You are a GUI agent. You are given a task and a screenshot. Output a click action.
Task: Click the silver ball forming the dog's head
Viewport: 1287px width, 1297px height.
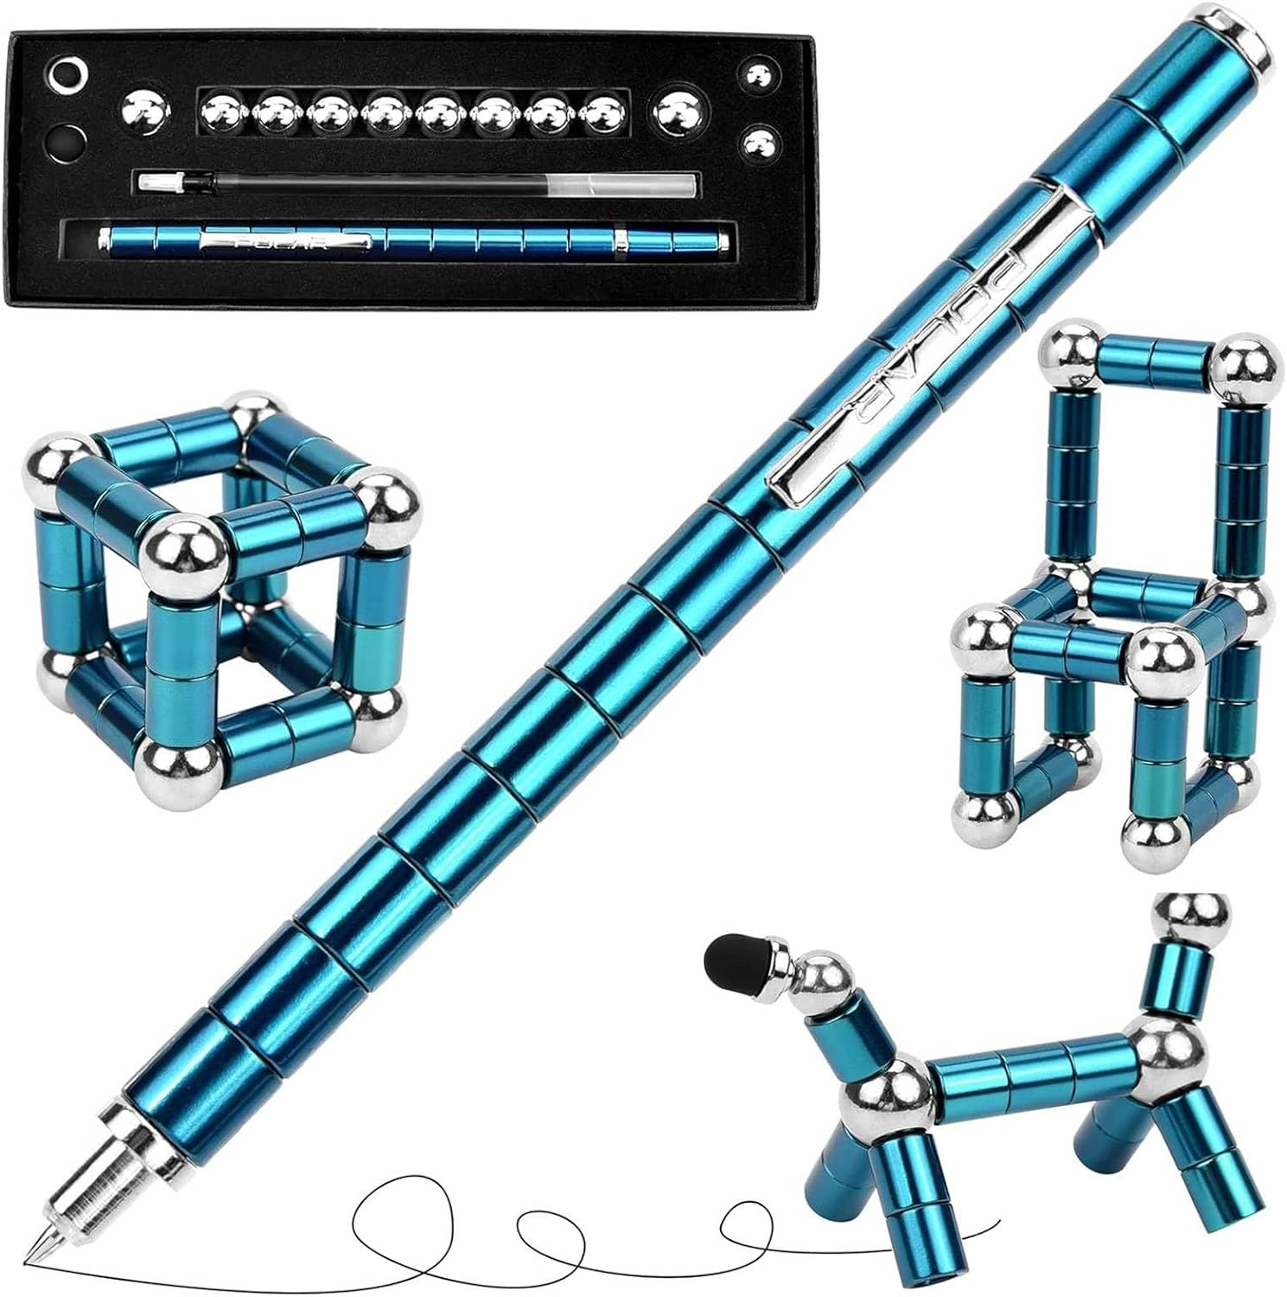(x=820, y=974)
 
